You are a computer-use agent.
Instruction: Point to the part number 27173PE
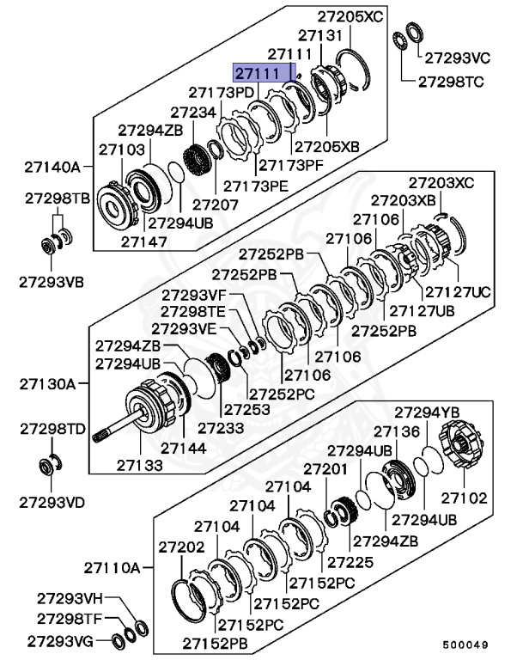click(257, 185)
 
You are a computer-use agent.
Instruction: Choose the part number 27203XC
click(440, 182)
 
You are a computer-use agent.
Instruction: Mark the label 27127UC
click(458, 292)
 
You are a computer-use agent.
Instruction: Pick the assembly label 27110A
click(112, 567)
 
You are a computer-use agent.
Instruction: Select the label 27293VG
click(58, 640)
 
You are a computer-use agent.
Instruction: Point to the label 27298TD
click(52, 427)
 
